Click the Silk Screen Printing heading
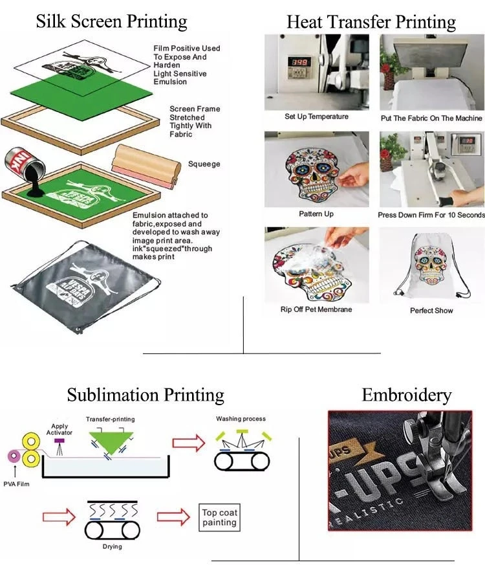coord(111,21)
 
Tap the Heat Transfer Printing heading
coord(371,22)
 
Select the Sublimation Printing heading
coord(145,394)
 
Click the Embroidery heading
coord(406,395)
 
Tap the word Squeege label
coord(204,164)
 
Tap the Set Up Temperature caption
coord(316,117)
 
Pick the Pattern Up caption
coord(316,214)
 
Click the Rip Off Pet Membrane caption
coord(316,309)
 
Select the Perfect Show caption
coord(431,311)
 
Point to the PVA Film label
coord(16,483)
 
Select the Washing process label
coord(241,419)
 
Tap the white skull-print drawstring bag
coord(431,265)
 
